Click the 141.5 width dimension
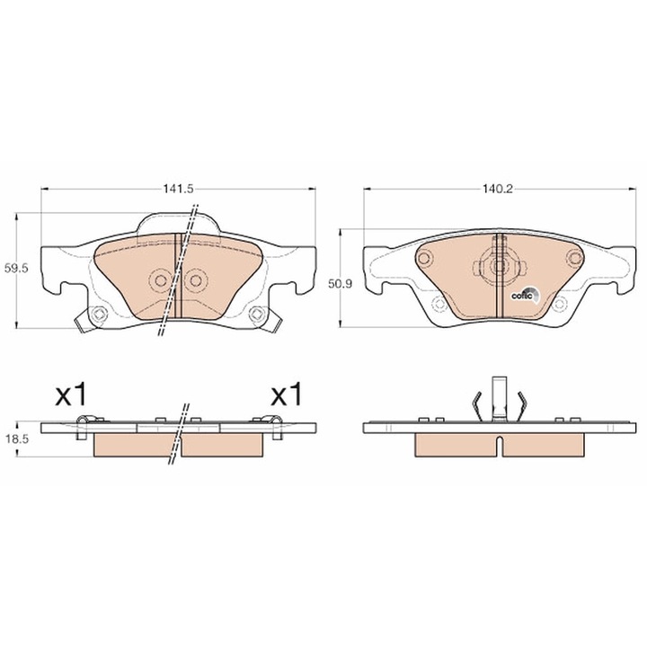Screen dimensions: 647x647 point(178,189)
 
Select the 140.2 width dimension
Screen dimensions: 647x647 point(497,189)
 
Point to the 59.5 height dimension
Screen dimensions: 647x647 point(16,269)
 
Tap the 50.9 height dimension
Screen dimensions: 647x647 point(340,284)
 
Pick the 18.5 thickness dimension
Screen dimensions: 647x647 point(16,439)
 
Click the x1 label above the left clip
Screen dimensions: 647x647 point(71,394)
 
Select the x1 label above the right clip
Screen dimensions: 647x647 point(286,394)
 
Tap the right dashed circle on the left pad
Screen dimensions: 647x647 point(196,281)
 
